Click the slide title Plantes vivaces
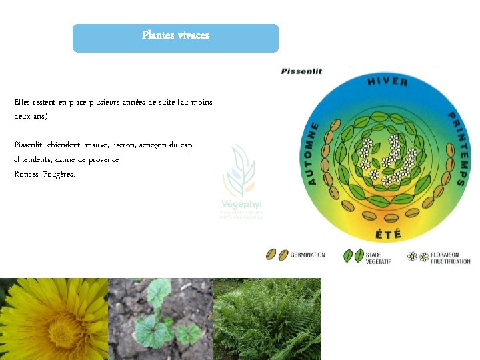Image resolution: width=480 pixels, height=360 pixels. point(175,35)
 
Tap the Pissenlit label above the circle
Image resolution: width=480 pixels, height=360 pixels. point(301,71)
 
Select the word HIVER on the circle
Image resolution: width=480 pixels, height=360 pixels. point(387,81)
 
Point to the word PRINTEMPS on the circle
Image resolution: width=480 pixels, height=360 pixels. point(456,147)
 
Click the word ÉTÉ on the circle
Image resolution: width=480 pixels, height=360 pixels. point(388,234)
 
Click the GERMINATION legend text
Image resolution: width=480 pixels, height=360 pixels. point(308,255)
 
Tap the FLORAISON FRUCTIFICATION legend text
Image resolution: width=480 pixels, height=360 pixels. point(450,257)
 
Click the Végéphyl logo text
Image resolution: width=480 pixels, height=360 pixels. point(241,203)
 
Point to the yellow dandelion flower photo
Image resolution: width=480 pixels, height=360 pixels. point(53,319)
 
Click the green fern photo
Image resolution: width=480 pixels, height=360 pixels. point(267,319)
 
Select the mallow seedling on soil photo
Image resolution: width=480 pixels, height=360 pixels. point(160,319)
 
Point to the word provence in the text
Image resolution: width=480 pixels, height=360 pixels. point(102,159)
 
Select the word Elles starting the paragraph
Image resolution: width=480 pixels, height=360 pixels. point(23,102)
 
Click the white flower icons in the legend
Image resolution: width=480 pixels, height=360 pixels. point(417,257)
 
